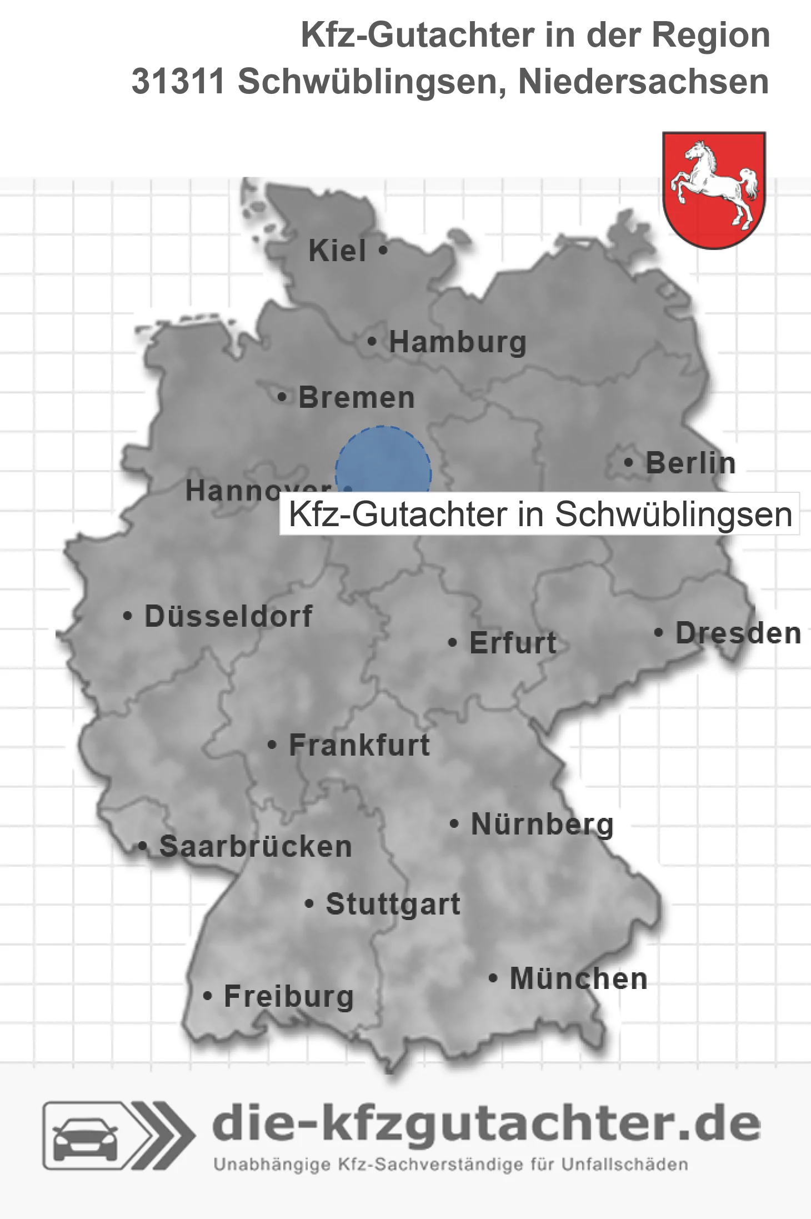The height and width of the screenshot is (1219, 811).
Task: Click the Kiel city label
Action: [x=337, y=251]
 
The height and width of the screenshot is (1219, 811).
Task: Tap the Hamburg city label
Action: [x=457, y=342]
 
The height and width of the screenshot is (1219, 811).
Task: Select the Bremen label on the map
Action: [x=357, y=398]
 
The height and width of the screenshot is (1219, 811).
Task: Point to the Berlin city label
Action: [x=690, y=463]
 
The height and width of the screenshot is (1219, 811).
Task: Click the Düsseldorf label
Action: [x=228, y=616]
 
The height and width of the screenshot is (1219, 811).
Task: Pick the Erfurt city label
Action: [x=513, y=643]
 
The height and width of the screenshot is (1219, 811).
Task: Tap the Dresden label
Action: [x=738, y=633]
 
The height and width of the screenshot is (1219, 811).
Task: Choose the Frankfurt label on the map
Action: [x=359, y=745]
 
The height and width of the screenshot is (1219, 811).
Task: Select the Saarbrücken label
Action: [x=256, y=847]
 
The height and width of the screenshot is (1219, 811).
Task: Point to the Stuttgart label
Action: [x=393, y=904]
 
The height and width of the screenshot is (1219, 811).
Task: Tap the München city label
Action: [x=578, y=978]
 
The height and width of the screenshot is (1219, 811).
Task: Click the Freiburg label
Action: [x=289, y=996]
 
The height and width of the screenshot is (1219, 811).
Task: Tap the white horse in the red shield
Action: [x=714, y=183]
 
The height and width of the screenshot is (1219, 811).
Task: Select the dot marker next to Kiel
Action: [x=383, y=250]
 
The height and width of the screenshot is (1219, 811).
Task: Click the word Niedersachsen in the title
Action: [x=643, y=82]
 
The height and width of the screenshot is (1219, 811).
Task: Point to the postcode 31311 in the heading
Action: [x=178, y=82]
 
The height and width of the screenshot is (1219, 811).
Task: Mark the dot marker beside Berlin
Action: [x=628, y=462]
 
